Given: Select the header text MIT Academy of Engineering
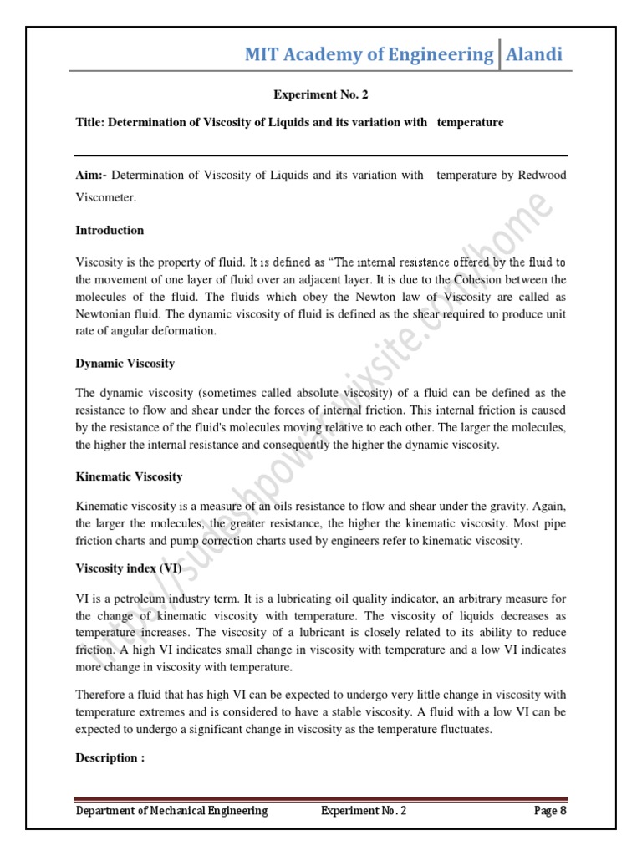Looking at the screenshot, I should [369, 55].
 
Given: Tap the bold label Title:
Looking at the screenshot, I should [89, 122].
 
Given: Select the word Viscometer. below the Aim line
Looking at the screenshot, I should [104, 198].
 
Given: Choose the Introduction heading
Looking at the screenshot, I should [110, 230].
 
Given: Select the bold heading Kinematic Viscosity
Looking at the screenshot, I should [129, 476].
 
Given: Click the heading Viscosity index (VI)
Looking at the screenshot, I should [128, 568].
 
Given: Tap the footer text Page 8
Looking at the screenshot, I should [550, 811].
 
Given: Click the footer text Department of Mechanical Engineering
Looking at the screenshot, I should [172, 811].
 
